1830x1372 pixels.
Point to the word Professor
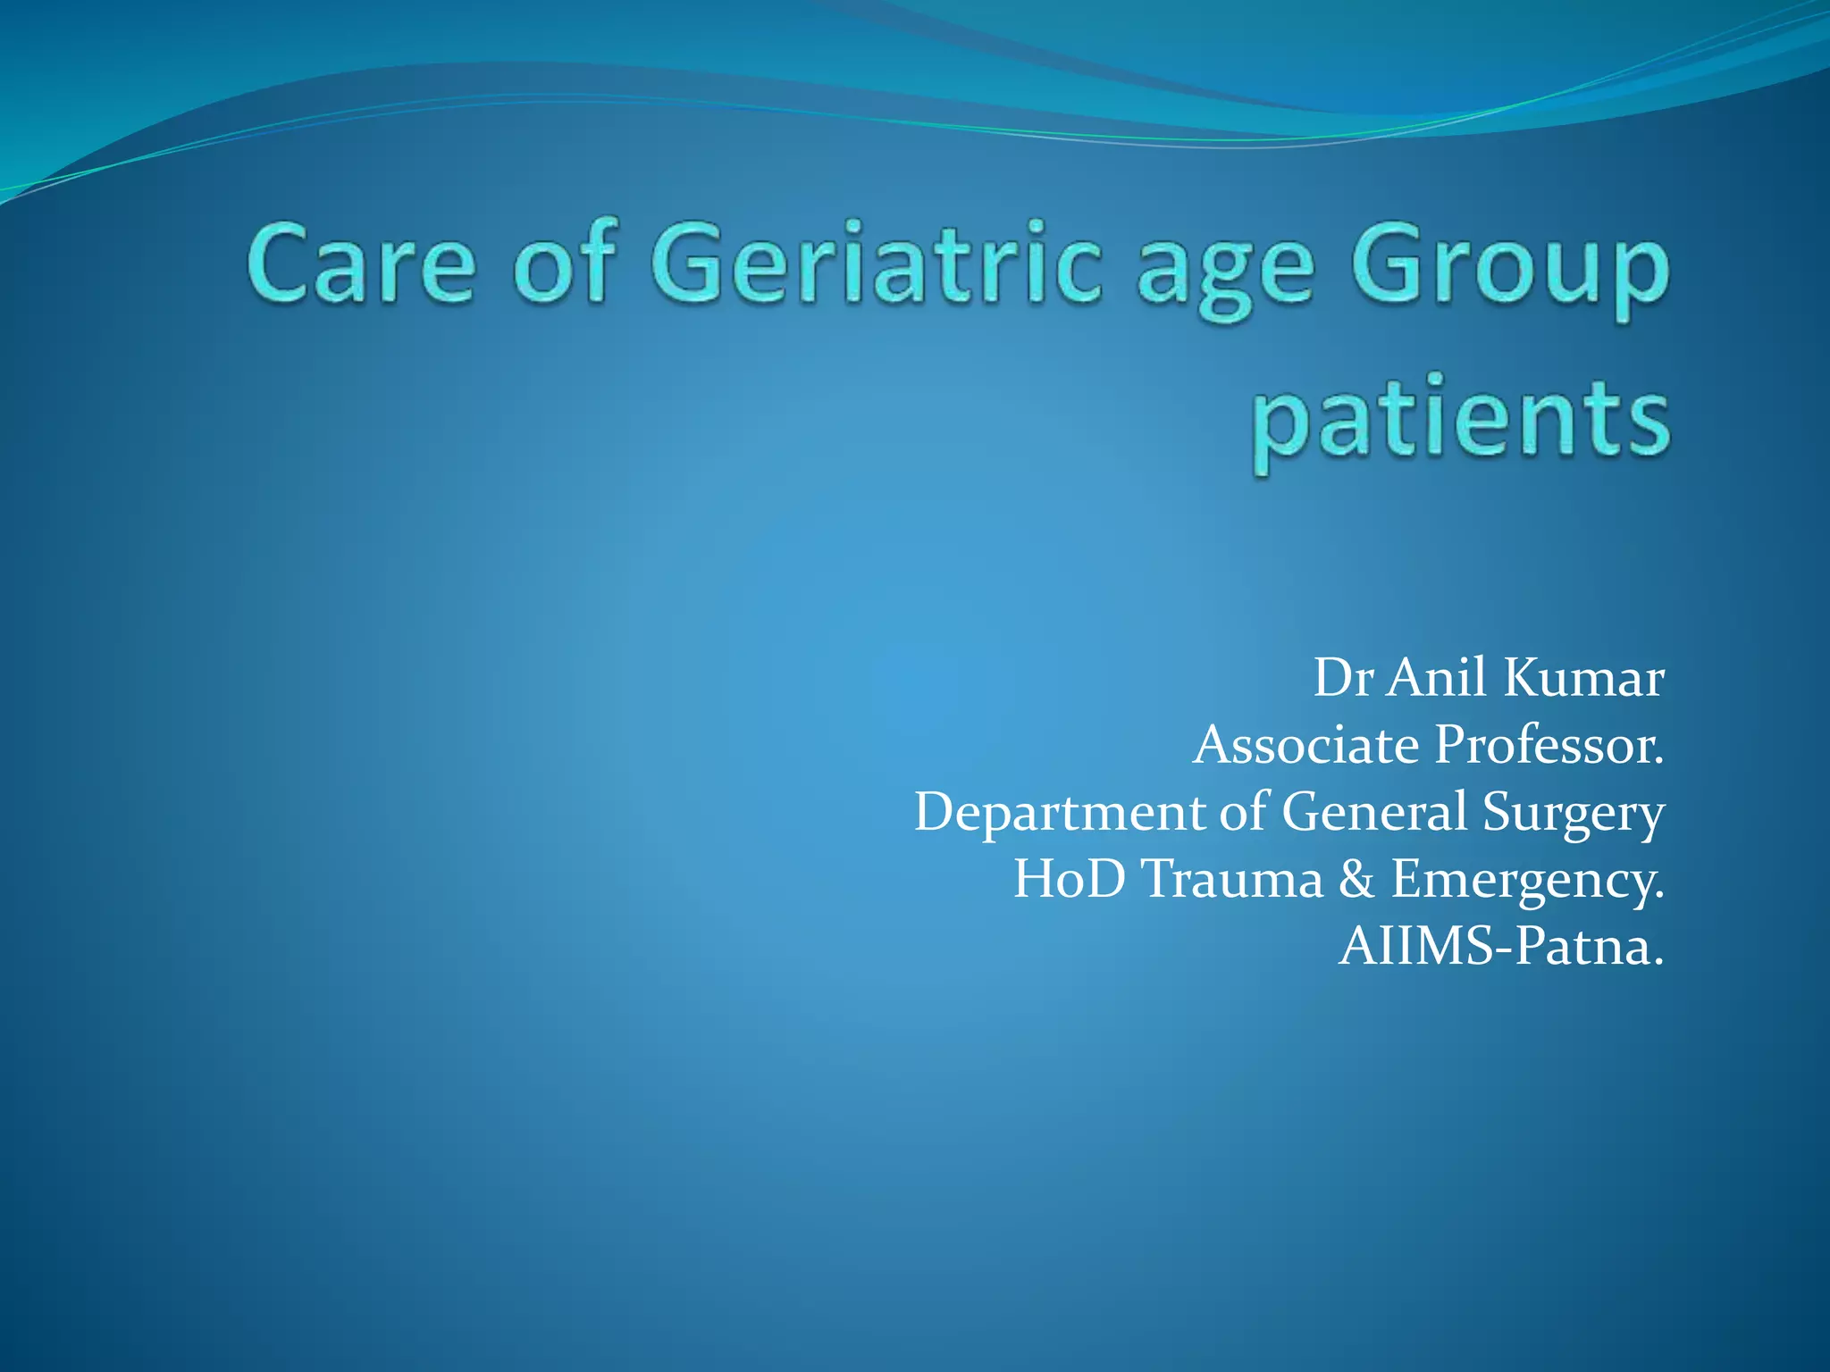click(1549, 745)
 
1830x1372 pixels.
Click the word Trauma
click(1232, 879)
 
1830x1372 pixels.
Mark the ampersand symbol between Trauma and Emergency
click(1356, 879)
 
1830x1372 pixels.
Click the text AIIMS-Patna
click(1501, 946)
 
